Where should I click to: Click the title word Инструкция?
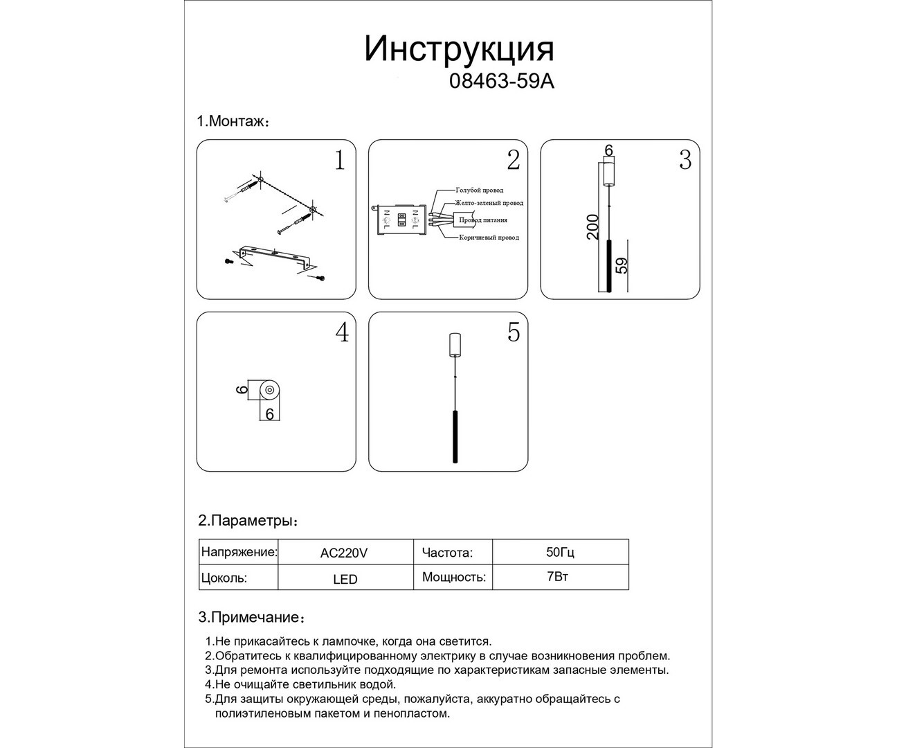pos(460,48)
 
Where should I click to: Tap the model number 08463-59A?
pos(502,82)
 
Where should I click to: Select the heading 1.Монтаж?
pos(233,121)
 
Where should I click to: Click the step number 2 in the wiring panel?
pos(513,160)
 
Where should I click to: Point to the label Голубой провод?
pos(479,190)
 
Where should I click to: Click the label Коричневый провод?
pos(489,238)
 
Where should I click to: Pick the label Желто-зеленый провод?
pos(489,203)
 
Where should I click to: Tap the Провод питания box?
pos(482,220)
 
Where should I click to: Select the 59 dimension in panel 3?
pos(622,265)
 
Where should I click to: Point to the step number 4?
pos(342,332)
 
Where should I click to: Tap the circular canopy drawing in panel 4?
pos(270,391)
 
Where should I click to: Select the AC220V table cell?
pos(344,553)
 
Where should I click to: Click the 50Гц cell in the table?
pos(560,553)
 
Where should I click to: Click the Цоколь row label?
pos(224,578)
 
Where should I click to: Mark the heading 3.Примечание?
pos(251,617)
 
